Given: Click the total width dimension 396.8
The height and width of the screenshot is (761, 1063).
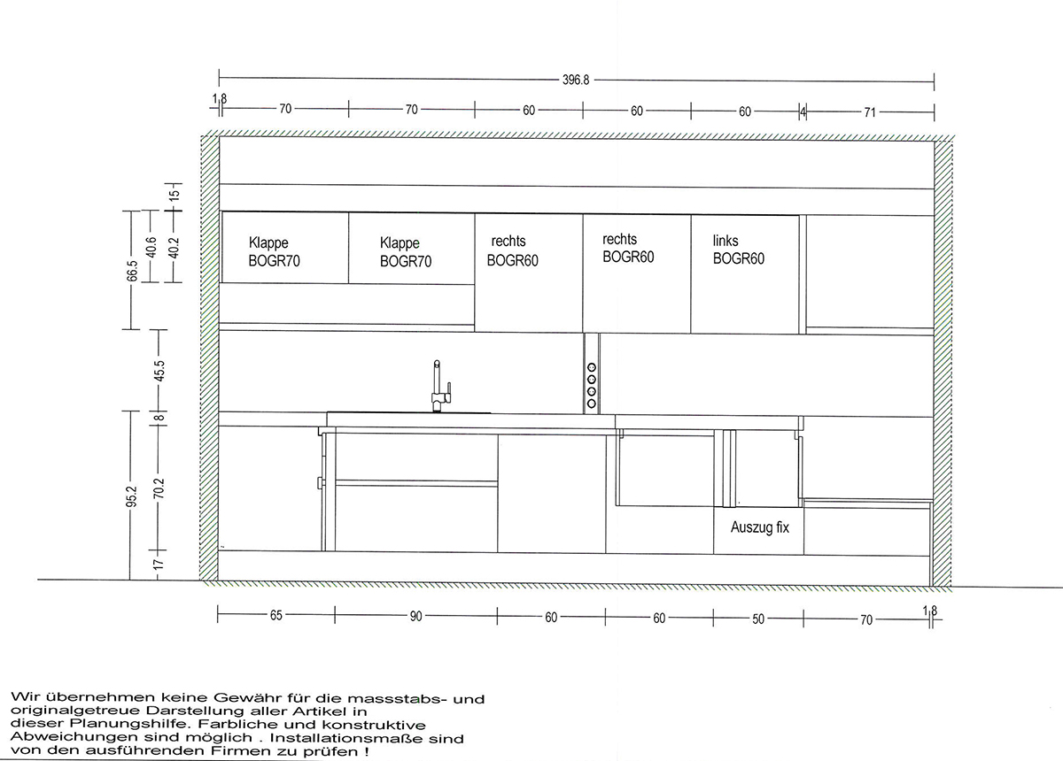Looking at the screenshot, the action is (576, 80).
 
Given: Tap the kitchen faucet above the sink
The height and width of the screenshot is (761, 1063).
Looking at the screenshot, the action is (441, 386).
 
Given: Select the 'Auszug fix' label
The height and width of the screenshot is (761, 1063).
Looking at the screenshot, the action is (759, 527).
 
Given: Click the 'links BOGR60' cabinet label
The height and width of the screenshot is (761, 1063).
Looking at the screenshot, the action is (739, 250).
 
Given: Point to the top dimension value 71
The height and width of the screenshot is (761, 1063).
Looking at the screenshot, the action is (869, 112).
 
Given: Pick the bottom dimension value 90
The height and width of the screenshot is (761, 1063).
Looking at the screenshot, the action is (415, 617).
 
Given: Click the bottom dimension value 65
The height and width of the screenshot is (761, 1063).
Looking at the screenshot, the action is (276, 616).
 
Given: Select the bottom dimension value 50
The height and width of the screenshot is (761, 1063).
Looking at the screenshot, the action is (758, 619).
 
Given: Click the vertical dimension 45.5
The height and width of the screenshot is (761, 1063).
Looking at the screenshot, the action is (159, 371).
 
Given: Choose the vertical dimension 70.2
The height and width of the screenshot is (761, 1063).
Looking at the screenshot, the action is (159, 488).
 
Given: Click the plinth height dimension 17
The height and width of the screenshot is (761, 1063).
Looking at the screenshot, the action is (159, 565).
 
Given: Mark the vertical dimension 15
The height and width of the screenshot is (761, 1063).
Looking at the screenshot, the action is (175, 194).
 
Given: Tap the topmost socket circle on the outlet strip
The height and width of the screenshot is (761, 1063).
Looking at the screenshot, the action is (592, 367).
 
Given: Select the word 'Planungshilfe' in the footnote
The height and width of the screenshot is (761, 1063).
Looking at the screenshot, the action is (130, 724).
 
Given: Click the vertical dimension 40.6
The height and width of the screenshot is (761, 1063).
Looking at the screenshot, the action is (151, 247).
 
